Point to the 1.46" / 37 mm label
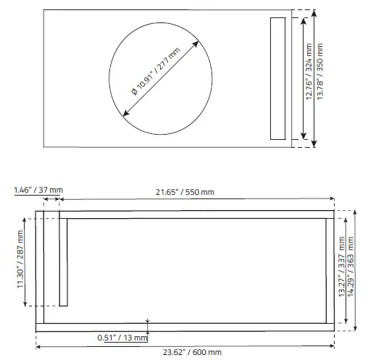[x=38, y=190]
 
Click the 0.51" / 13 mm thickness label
[x=122, y=337]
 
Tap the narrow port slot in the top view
[x=278, y=78]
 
